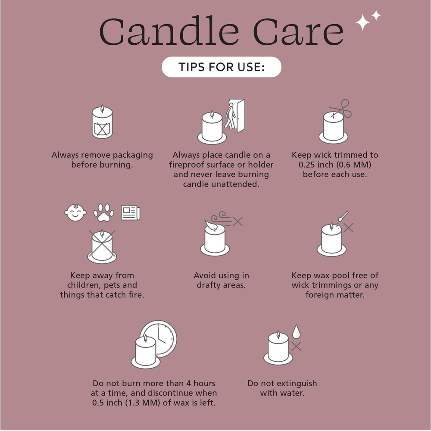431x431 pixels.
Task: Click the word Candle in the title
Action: [169, 31]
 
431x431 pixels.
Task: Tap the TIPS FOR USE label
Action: [222, 67]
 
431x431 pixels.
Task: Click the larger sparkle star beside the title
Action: [362, 22]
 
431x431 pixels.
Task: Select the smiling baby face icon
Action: [75, 212]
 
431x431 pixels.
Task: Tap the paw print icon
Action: [103, 212]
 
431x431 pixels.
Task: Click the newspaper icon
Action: [131, 212]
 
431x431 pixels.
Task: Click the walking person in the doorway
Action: [230, 116]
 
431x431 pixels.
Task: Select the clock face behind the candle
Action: [159, 339]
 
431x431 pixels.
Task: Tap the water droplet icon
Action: [296, 331]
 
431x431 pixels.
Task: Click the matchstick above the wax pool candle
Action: [343, 216]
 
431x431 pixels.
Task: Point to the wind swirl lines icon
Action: [222, 219]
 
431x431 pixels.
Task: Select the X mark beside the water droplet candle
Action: [296, 347]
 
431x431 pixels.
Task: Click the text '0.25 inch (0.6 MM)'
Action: [335, 165]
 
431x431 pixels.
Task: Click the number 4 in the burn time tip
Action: [189, 383]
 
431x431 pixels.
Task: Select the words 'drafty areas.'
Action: [221, 285]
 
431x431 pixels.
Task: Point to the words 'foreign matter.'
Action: [335, 295]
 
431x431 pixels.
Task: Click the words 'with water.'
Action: [282, 393]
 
